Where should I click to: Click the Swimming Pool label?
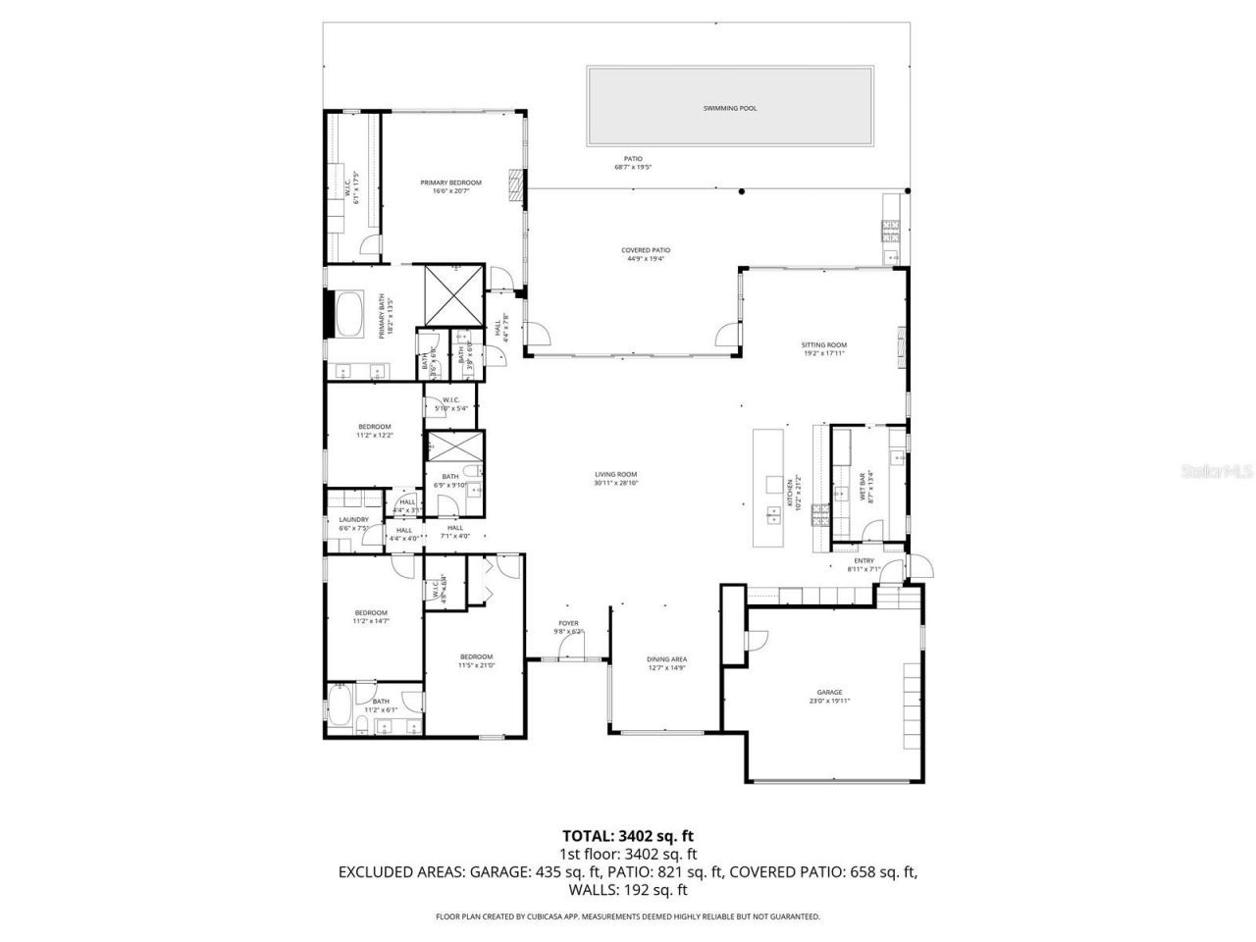730,108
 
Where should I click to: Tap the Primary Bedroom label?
450,183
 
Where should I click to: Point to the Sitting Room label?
823,345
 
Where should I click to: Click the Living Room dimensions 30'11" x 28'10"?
615,483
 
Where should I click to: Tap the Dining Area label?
666,659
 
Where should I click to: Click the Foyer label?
568,623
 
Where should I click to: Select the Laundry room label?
353,520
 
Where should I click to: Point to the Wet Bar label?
863,488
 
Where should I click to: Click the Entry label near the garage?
863,561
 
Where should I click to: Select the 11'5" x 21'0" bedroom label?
476,656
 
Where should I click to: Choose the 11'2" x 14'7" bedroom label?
371,613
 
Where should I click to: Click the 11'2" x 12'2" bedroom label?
374,427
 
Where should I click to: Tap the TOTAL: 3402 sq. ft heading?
627,836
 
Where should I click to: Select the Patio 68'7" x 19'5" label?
633,159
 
